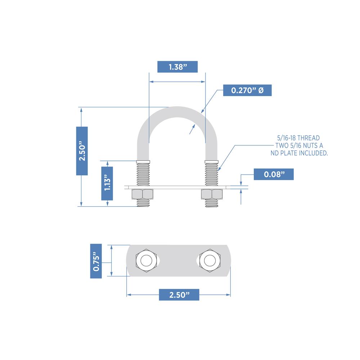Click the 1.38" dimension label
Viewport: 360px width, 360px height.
tap(177, 67)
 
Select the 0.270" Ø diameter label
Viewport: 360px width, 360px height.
tap(247, 90)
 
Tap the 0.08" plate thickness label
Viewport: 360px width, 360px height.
tap(274, 174)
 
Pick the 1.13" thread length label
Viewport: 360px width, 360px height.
tap(107, 184)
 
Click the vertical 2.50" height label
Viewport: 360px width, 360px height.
tap(82, 151)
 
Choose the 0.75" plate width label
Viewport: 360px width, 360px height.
tap(96, 261)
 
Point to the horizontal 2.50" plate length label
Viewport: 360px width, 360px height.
tap(179, 295)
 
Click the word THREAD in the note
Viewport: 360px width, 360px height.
tap(309, 138)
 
